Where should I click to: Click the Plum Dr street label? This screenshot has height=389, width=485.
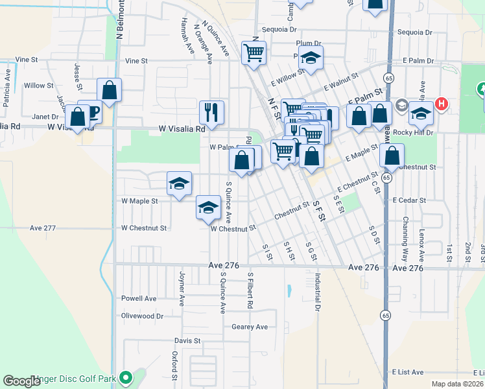309,43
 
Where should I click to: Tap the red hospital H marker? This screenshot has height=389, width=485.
442,104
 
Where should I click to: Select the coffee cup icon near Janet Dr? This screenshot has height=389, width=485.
93,113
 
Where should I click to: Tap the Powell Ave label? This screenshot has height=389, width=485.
139,299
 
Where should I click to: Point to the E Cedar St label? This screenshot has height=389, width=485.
409,201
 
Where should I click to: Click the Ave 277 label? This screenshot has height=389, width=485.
43,228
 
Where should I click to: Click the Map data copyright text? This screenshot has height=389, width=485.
457,384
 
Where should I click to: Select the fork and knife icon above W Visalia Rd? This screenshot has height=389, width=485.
211,113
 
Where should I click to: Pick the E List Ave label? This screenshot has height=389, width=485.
407,372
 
